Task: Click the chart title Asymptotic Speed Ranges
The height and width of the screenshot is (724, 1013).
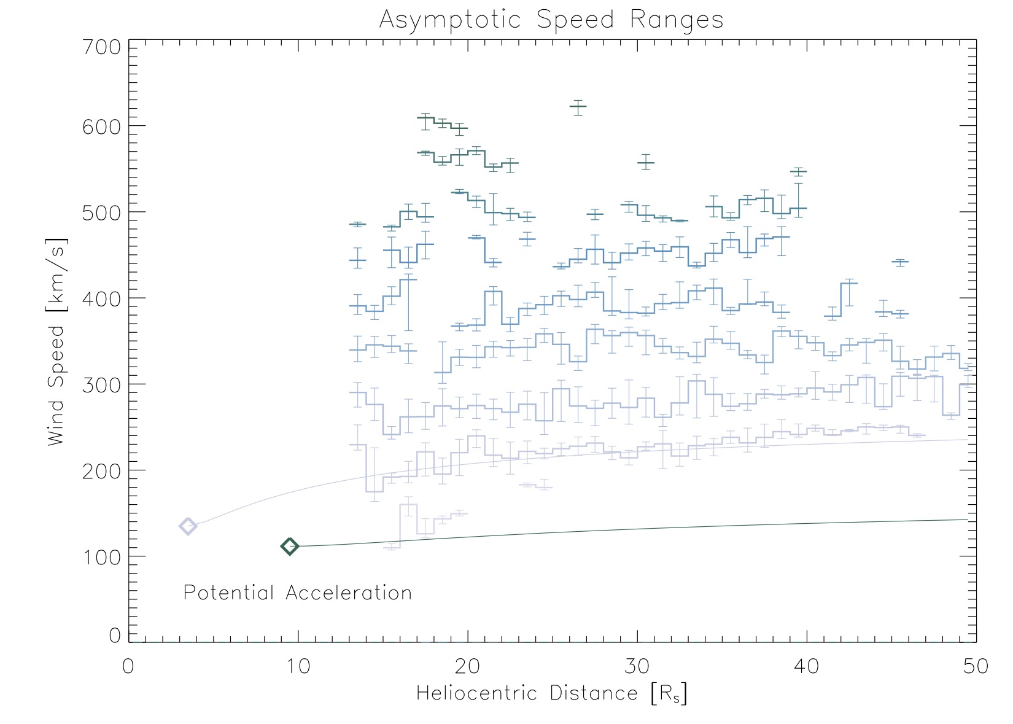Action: pos(551,20)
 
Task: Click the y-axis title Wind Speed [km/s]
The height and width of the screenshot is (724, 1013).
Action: pos(57,341)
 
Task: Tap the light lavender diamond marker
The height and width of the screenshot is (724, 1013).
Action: pos(188,526)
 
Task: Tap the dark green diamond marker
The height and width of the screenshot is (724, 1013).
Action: pos(290,546)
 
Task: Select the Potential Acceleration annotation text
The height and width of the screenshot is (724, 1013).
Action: pos(298,593)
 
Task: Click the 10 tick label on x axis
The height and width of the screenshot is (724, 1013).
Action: pos(298,666)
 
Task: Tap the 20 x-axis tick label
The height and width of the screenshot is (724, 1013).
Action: pos(468,666)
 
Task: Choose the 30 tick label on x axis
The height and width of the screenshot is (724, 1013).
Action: pos(637,666)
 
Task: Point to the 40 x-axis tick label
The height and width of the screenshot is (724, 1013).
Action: pos(807,666)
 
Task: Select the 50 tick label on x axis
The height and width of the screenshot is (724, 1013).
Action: pos(976,666)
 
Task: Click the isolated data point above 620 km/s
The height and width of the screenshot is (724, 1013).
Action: pos(578,106)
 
